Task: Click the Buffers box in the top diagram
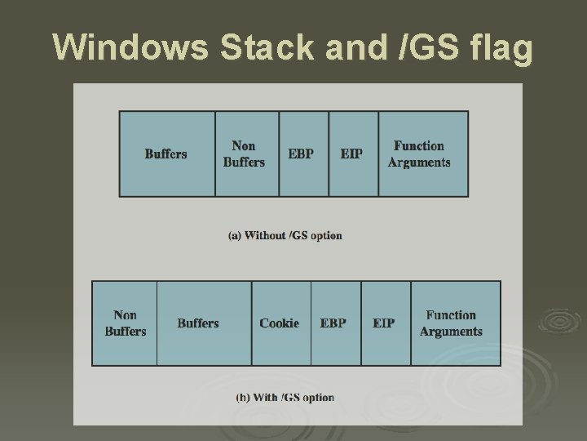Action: (x=166, y=154)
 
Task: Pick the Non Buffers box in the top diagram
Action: (x=245, y=154)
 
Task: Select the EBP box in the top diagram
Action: (x=301, y=154)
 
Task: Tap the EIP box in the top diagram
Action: (x=351, y=154)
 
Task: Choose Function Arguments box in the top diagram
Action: (x=419, y=154)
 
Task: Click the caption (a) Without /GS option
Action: (x=285, y=235)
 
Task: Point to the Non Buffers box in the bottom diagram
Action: (x=126, y=323)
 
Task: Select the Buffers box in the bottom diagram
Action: (x=198, y=323)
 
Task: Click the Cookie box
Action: (x=280, y=323)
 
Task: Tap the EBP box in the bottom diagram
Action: (x=333, y=323)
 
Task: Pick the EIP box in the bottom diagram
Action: (x=384, y=323)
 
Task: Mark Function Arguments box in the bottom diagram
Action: (x=452, y=323)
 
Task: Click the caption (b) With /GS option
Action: (x=285, y=398)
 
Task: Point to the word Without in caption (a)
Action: (x=266, y=235)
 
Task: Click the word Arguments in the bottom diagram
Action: (x=452, y=332)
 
